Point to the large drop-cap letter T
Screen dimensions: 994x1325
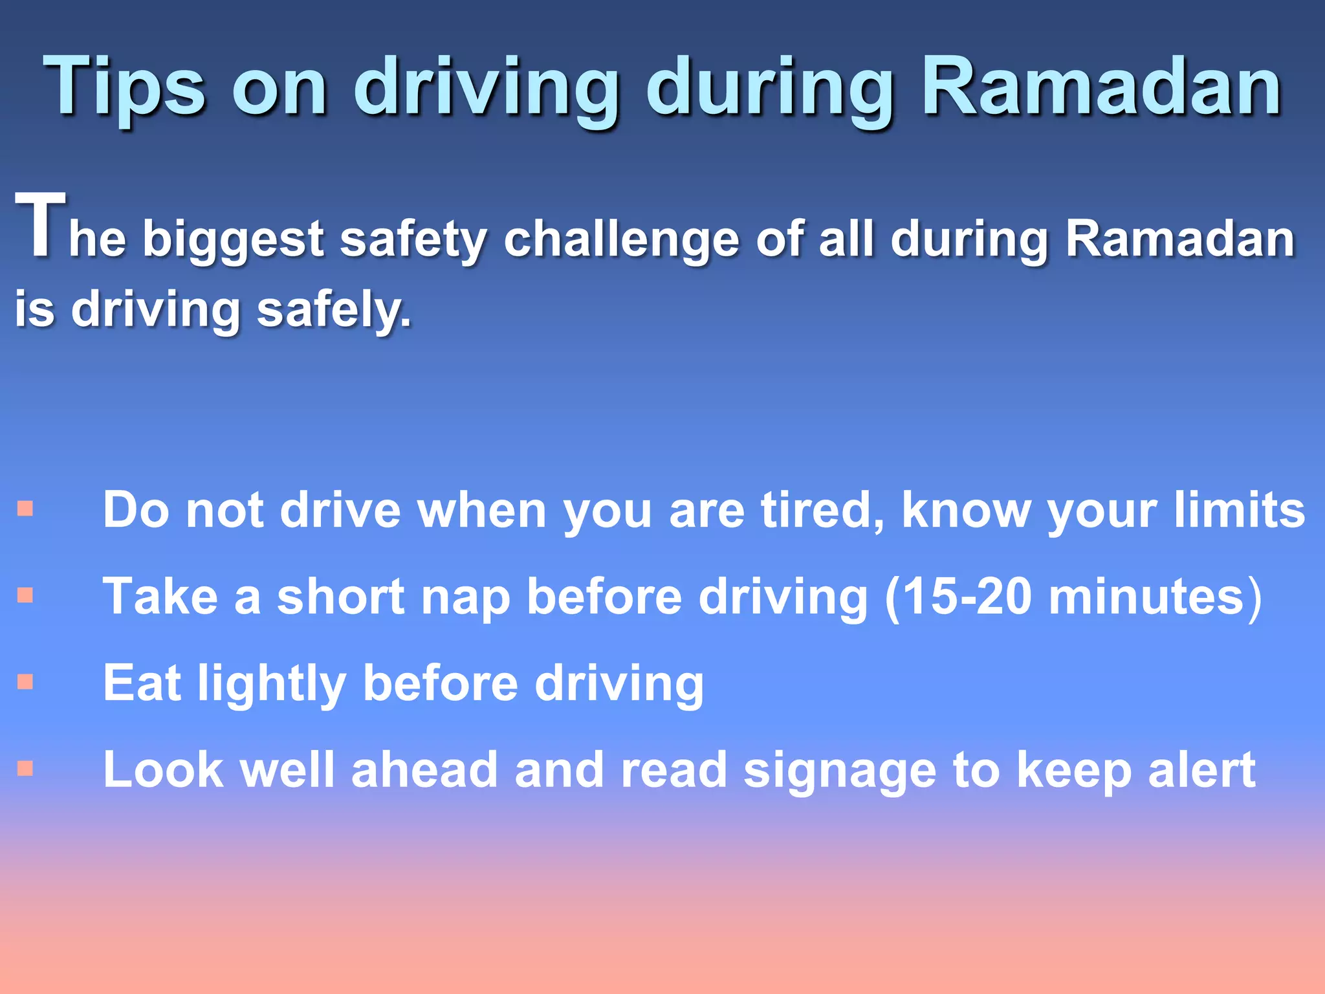(x=40, y=225)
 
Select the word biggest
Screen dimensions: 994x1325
(x=233, y=239)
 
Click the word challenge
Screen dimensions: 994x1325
(x=621, y=239)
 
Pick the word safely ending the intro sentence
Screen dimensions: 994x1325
(x=333, y=309)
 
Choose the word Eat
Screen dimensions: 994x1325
(x=142, y=683)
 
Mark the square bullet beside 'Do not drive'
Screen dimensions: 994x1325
(x=25, y=509)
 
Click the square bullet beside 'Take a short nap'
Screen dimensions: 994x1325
(x=25, y=595)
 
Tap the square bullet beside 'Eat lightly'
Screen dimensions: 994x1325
(x=25, y=681)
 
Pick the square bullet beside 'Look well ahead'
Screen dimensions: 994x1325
(x=25, y=768)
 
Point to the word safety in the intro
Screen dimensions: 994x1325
(x=413, y=239)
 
